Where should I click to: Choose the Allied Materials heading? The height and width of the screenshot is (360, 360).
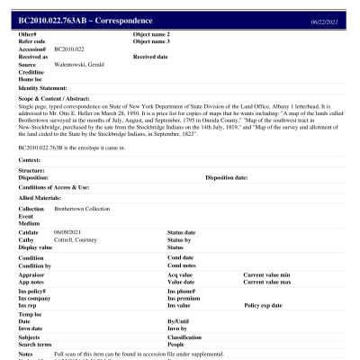tap(39, 195)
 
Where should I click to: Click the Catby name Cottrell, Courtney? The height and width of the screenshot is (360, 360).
tap(79, 239)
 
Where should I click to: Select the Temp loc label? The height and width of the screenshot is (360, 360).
tap(30, 315)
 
